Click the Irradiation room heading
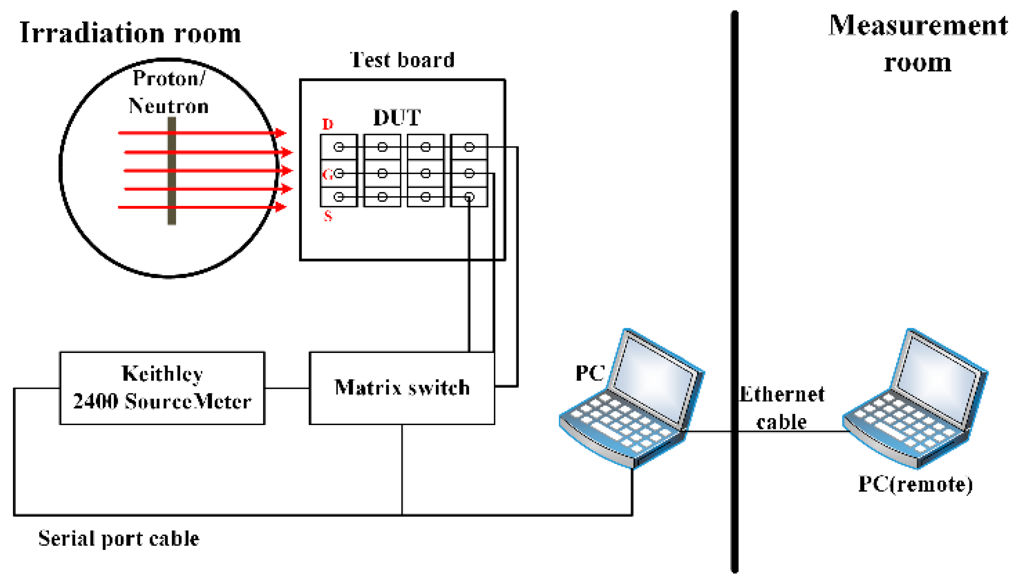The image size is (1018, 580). (130, 33)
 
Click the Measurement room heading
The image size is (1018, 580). (917, 43)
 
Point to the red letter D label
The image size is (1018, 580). (328, 124)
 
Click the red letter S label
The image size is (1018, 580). (328, 216)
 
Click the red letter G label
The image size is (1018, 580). (327, 174)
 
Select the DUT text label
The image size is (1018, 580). (397, 118)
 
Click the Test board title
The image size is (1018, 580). (402, 60)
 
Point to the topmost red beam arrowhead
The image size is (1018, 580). (281, 133)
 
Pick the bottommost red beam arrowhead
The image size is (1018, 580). (281, 207)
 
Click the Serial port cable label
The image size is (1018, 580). (119, 538)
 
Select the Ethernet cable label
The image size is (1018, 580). (781, 408)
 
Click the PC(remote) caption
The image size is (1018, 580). (915, 484)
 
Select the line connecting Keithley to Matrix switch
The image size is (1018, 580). (287, 388)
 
